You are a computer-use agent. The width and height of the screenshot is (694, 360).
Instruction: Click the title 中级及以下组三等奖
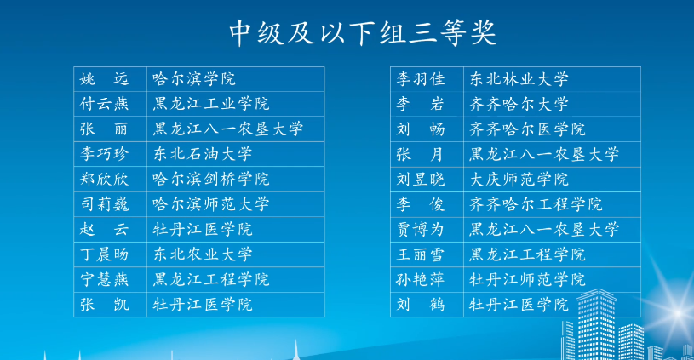coord(363,32)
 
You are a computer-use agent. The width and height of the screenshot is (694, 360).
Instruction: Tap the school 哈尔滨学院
coord(194,79)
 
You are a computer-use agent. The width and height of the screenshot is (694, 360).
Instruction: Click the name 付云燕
coord(105,104)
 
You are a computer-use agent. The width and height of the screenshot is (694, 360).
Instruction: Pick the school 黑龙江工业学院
coord(211,104)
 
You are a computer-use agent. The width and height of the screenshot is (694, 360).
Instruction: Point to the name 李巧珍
coord(105,154)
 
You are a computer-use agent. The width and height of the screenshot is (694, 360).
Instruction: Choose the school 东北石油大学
coord(203,154)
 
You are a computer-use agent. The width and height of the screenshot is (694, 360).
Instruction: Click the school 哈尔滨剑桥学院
coord(211,179)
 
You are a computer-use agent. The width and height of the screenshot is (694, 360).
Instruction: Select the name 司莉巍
coord(105,204)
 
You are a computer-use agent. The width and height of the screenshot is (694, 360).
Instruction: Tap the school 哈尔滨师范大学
coord(211,204)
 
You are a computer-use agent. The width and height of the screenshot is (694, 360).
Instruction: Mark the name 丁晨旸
coord(105,254)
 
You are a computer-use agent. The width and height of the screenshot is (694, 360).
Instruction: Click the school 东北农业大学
coord(203,254)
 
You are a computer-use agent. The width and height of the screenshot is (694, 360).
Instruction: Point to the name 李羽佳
coord(421,79)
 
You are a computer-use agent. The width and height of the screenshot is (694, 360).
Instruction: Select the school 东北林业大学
coord(519,79)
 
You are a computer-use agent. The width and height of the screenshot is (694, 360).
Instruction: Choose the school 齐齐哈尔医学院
coord(527,129)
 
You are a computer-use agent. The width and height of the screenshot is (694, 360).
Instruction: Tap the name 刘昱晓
coord(421,179)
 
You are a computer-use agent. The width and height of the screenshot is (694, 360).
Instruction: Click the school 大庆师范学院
coord(519,179)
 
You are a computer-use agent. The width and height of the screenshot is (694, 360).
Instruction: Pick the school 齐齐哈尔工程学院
coord(536,204)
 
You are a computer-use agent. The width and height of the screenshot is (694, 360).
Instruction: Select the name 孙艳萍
coord(421,279)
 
